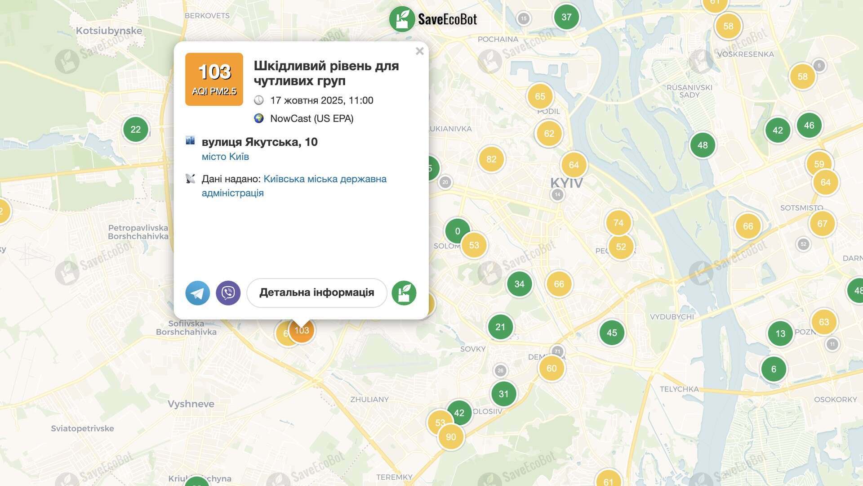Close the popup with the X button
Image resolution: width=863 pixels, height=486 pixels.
419,51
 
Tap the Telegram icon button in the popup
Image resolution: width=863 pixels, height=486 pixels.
198,293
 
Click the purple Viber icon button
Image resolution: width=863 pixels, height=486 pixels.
228,293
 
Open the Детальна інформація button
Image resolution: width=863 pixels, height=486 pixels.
316,293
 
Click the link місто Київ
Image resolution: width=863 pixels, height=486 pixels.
225,157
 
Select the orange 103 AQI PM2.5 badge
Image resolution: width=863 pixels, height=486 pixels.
214,79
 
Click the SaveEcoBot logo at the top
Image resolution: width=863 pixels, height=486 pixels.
433,19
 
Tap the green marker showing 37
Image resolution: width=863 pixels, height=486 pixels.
566,17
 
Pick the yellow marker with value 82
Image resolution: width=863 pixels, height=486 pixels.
491,159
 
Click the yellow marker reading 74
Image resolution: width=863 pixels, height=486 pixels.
618,223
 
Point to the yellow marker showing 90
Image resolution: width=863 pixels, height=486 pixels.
451,437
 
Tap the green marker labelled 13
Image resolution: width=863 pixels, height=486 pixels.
780,333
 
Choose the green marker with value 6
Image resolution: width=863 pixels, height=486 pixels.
774,369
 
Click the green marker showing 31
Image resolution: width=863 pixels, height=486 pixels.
503,394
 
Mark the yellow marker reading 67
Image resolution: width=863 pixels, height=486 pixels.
822,224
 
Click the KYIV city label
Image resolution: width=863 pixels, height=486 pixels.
566,183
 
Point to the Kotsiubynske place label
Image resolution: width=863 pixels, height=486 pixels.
109,31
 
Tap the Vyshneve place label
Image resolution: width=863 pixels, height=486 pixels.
191,404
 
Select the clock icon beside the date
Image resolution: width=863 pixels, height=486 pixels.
259,100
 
